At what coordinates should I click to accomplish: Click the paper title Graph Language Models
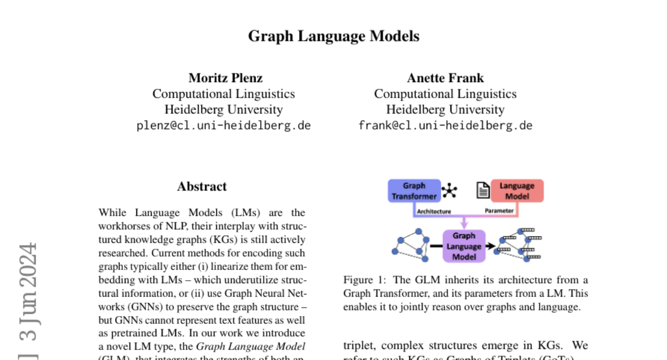(x=333, y=37)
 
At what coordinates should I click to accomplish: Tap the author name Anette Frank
(x=445, y=78)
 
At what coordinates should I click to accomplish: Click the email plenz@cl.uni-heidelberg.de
(x=223, y=126)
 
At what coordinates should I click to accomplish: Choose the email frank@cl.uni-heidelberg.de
(x=445, y=126)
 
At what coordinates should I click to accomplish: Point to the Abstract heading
(x=202, y=187)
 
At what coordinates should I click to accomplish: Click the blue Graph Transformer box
(x=414, y=191)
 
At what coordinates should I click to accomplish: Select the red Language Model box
(x=516, y=191)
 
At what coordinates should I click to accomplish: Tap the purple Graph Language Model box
(x=464, y=246)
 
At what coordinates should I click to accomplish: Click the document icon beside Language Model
(x=483, y=191)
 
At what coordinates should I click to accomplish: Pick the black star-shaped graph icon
(x=449, y=191)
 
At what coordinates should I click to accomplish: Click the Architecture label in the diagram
(x=434, y=211)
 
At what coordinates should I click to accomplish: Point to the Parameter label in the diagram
(x=499, y=211)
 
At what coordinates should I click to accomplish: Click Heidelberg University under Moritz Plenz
(x=223, y=109)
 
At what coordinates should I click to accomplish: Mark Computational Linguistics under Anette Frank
(x=445, y=94)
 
